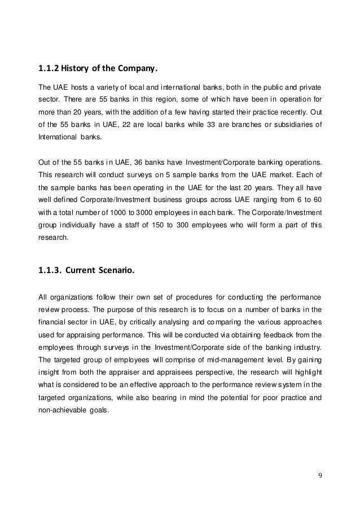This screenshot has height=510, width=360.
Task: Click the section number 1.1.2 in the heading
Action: coord(47,70)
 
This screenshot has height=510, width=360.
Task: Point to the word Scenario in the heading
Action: coord(115,270)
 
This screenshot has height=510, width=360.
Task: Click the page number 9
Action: coord(321,473)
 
